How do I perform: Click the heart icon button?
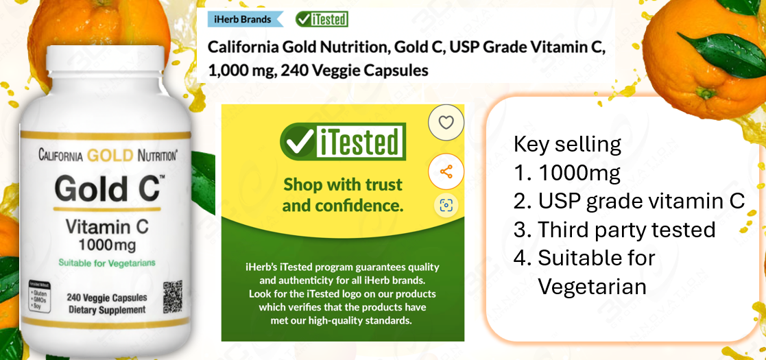point(446,123)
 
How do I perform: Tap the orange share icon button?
point(446,171)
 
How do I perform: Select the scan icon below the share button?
point(446,205)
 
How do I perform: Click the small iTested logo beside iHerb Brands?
point(322,19)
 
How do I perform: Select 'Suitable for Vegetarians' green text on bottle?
point(106,263)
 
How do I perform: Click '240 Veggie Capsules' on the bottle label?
point(106,298)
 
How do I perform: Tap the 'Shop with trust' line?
point(342,184)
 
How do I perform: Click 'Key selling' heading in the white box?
point(567,145)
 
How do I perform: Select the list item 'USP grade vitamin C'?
point(641,202)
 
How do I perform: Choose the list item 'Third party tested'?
point(625,230)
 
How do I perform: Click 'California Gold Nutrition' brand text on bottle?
point(108,156)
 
